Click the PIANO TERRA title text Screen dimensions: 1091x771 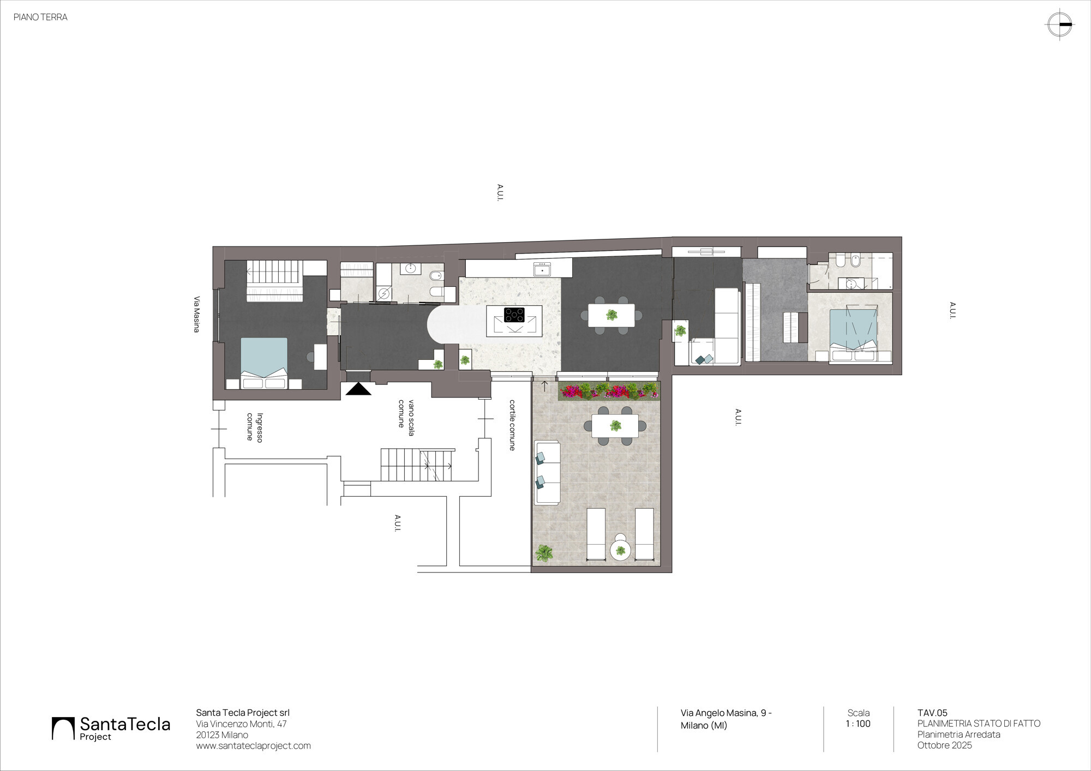pyautogui.click(x=40, y=17)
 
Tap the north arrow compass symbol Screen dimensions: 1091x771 pyautogui.click(x=1059, y=25)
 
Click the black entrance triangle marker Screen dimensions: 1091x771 pyautogui.click(x=358, y=388)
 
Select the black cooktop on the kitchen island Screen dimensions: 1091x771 pyautogui.click(x=514, y=315)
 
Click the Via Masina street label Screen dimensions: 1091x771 pyautogui.click(x=196, y=314)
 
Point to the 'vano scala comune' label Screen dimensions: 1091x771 pyautogui.click(x=406, y=417)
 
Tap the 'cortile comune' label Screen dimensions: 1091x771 pyautogui.click(x=512, y=425)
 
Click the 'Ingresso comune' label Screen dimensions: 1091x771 pyautogui.click(x=255, y=427)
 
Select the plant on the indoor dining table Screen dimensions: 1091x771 pyautogui.click(x=612, y=315)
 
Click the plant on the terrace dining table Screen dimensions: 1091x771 pyautogui.click(x=615, y=426)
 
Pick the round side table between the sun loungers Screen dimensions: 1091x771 pyautogui.click(x=620, y=550)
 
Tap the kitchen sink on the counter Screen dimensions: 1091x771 pyautogui.click(x=542, y=269)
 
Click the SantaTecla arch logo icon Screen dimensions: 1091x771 pyautogui.click(x=63, y=728)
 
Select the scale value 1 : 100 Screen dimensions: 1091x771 pyautogui.click(x=858, y=724)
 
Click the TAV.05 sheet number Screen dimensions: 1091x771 pyautogui.click(x=932, y=713)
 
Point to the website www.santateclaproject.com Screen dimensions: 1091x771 pyautogui.click(x=253, y=745)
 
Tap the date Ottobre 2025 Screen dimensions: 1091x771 pyautogui.click(x=944, y=745)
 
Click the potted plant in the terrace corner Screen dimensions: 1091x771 pyautogui.click(x=544, y=553)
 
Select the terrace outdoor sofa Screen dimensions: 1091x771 pyautogui.click(x=547, y=473)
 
